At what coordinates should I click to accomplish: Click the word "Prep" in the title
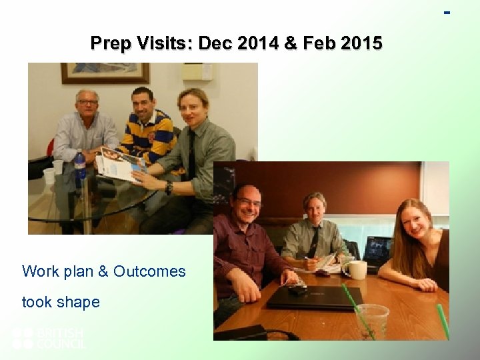tap(111, 44)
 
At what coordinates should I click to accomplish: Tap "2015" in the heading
tap(361, 44)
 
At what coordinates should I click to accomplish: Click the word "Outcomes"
tap(149, 271)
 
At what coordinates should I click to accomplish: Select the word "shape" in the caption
tap(79, 302)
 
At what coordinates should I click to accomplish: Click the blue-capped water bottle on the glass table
tap(80, 169)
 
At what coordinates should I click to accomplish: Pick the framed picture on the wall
tap(105, 73)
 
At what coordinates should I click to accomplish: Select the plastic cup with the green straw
tap(372, 320)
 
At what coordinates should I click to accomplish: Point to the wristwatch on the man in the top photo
tap(169, 188)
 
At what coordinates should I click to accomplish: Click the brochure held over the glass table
tap(121, 163)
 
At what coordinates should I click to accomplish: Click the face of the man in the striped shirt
tap(143, 101)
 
